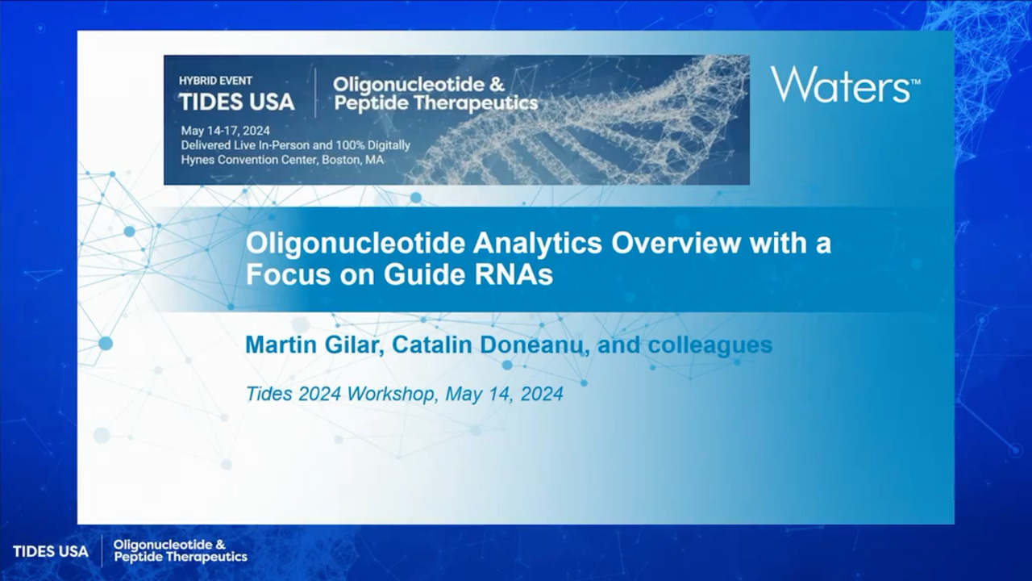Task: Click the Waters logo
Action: click(x=845, y=84)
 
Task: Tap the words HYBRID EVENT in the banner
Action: click(x=215, y=81)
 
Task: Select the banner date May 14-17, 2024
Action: click(x=225, y=131)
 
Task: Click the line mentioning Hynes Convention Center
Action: click(x=282, y=160)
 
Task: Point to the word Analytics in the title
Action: click(x=538, y=243)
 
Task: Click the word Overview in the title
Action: click(x=676, y=243)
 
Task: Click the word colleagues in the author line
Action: click(x=710, y=345)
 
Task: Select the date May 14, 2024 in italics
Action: click(x=505, y=394)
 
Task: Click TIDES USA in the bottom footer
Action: click(x=51, y=551)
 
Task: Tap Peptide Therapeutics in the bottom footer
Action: click(x=181, y=557)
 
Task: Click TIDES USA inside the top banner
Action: click(x=237, y=102)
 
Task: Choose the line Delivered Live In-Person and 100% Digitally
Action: click(x=295, y=145)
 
